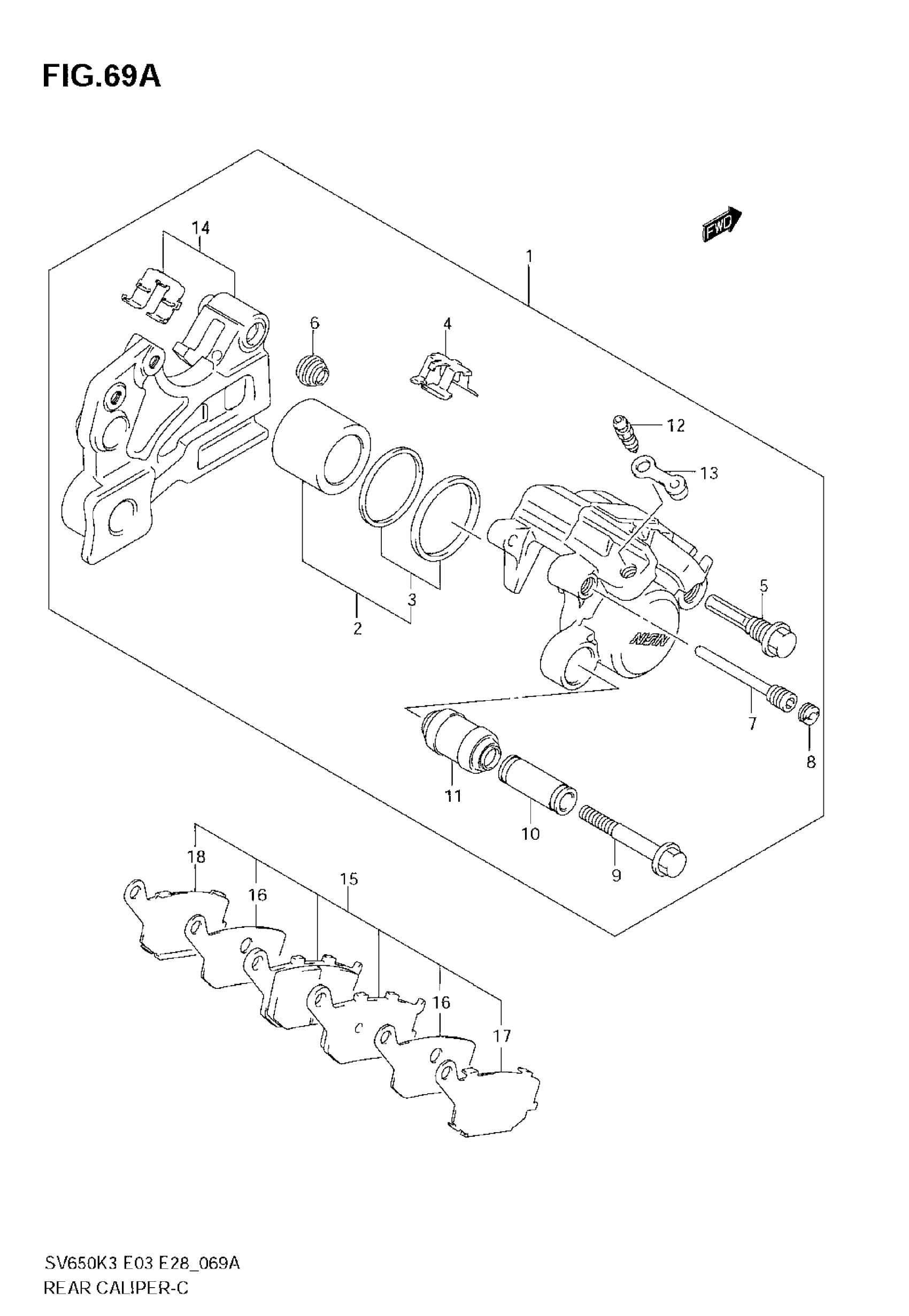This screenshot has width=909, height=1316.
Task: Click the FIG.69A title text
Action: coord(102,77)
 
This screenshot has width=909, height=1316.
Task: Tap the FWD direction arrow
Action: coord(722,226)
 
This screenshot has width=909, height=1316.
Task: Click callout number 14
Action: coord(201,228)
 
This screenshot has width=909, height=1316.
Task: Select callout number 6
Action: coord(315,323)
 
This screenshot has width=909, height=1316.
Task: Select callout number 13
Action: coord(709,473)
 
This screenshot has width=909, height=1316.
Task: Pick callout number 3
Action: coord(411,599)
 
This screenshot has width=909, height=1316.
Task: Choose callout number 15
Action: coord(349,879)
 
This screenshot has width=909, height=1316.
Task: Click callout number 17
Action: coord(502,1036)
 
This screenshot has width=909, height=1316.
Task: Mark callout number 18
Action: coord(196,857)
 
